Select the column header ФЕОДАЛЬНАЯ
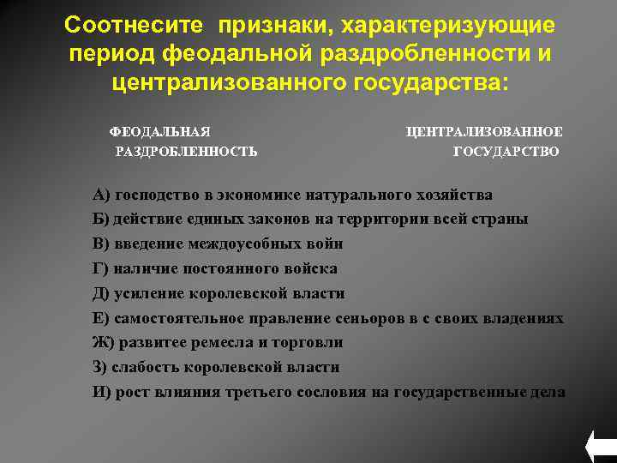tap(159, 131)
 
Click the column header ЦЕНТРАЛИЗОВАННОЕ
tap(484, 131)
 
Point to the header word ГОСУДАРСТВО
tap(506, 152)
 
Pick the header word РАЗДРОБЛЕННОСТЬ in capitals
tap(186, 152)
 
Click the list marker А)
tap(101, 193)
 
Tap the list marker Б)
tap(100, 218)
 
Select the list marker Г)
tap(100, 268)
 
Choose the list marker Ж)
tap(103, 342)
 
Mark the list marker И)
tap(102, 392)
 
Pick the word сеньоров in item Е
tap(365, 318)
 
